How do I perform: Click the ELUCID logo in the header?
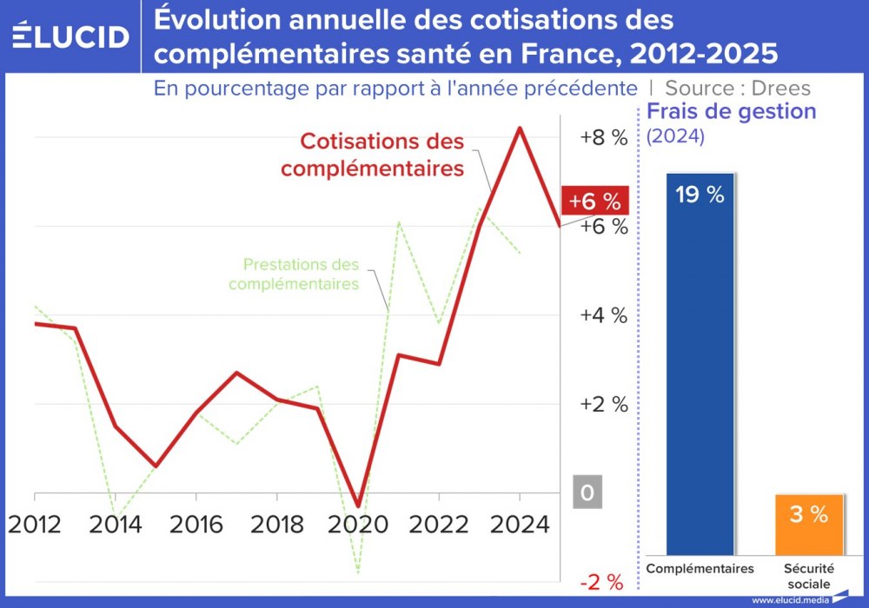click(x=71, y=36)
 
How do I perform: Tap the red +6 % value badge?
click(x=594, y=201)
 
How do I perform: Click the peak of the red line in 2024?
click(x=520, y=129)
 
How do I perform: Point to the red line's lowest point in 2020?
click(x=357, y=505)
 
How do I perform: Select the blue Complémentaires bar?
click(x=700, y=365)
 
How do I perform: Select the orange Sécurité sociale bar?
click(x=808, y=525)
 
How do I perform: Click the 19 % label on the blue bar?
click(x=700, y=195)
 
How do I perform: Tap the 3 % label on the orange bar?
click(x=808, y=514)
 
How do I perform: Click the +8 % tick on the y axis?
click(x=603, y=137)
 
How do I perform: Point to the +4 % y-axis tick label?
click(x=603, y=315)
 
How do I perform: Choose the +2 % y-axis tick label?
click(x=603, y=404)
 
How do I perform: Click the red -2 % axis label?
click(x=600, y=582)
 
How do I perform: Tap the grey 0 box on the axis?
click(x=587, y=493)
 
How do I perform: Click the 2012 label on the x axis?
click(x=36, y=525)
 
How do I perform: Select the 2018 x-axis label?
click(x=276, y=525)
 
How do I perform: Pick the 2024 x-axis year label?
click(x=518, y=525)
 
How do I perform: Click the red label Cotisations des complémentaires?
click(x=374, y=155)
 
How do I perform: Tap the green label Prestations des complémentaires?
click(x=295, y=274)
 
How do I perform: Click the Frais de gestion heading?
click(x=732, y=112)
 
